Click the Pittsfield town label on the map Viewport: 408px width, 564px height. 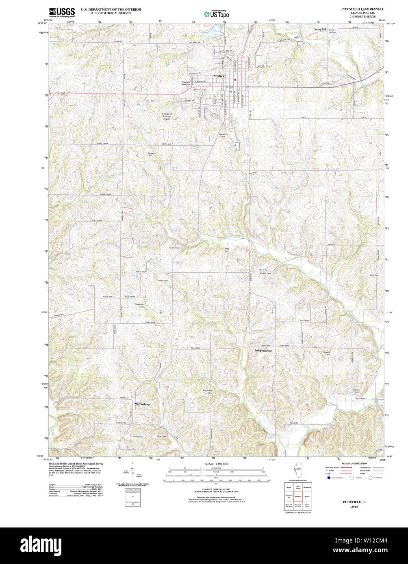(x=219, y=76)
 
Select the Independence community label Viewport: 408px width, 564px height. (x=263, y=350)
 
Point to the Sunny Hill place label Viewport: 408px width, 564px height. (x=320, y=30)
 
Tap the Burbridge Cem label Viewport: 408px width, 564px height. (x=208, y=392)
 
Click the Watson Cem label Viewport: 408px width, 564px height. (x=265, y=273)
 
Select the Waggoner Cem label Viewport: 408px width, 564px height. (x=139, y=305)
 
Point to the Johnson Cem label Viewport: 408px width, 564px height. (x=356, y=391)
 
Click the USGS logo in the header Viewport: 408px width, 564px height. (x=62, y=12)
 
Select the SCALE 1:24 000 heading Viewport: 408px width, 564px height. (x=216, y=464)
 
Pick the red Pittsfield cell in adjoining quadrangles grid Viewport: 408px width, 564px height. (x=297, y=496)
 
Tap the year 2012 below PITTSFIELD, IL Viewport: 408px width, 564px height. (x=354, y=506)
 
